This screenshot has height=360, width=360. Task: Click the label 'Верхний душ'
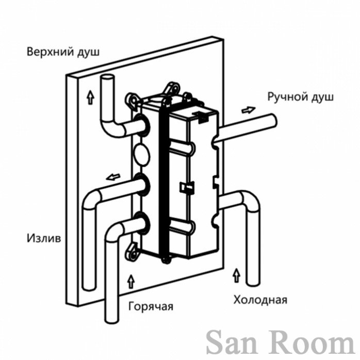coord(63,52)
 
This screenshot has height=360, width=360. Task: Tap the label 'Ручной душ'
coord(301,97)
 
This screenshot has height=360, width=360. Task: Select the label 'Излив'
coord(44,238)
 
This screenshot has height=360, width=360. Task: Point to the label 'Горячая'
coord(151,306)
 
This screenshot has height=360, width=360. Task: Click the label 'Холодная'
coord(260,300)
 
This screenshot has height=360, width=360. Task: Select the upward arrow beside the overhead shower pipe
coord(91,97)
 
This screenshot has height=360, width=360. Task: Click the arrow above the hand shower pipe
coord(249,110)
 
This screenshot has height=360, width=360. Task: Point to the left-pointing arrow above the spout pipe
coord(113,177)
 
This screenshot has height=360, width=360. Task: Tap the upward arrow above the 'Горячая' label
coord(131,281)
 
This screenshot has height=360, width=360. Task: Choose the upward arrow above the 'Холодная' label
coord(237,275)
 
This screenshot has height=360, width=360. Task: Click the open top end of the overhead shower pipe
coord(107,78)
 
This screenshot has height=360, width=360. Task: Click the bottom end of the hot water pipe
coord(112,320)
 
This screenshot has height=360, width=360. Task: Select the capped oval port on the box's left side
coord(142,154)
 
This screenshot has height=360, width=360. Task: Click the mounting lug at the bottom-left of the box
coord(132,252)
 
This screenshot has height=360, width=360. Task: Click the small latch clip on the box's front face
coord(187,187)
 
